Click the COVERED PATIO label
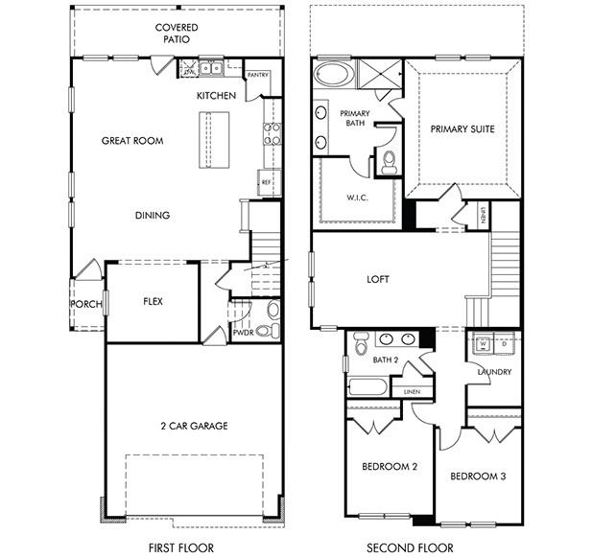tap(177, 34)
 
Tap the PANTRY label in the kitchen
tap(258, 75)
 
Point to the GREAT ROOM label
tap(132, 141)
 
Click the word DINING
tap(152, 216)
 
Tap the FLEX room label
tap(153, 301)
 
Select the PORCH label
tap(85, 305)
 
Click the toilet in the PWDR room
tap(272, 310)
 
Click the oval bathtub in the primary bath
tap(333, 75)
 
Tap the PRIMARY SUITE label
tap(462, 128)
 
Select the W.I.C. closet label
tap(357, 198)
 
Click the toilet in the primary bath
tap(389, 164)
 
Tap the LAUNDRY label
tap(493, 372)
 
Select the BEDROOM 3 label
tap(478, 476)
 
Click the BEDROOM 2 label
tap(389, 467)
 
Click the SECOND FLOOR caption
tap(409, 548)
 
